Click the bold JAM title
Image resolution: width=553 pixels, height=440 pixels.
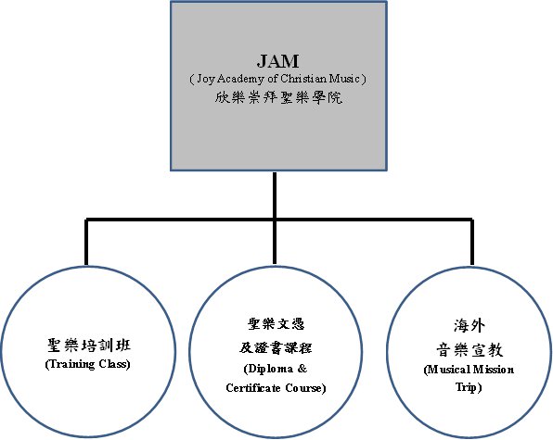(x=278, y=61)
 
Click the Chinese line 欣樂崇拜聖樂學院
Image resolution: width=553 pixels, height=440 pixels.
(x=278, y=97)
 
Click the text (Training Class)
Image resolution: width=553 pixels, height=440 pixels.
(x=88, y=364)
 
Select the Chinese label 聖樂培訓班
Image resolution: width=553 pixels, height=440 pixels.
(x=89, y=345)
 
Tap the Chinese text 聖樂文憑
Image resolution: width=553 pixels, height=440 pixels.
(x=276, y=324)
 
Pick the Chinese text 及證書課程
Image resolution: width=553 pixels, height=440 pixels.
(x=276, y=347)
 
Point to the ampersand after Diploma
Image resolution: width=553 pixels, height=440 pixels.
(x=302, y=369)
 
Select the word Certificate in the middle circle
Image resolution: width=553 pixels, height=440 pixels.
(x=253, y=388)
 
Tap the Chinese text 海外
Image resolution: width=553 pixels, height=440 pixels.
(x=469, y=326)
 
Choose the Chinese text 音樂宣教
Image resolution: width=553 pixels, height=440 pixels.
(x=469, y=350)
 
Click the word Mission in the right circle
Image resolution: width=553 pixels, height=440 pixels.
(x=493, y=370)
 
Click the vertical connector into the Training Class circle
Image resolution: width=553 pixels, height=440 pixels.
(x=86, y=243)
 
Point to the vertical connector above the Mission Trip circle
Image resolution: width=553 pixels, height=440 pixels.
(x=472, y=243)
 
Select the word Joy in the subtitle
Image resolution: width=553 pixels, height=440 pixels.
(x=205, y=79)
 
